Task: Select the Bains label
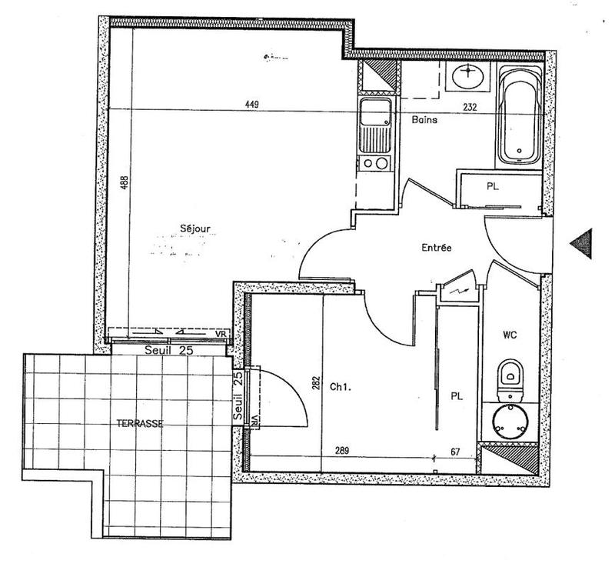tap(425, 119)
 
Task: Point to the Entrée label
tap(436, 248)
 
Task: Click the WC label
tap(509, 335)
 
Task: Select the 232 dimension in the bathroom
tap(470, 108)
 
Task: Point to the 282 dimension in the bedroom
tap(316, 382)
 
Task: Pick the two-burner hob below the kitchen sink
tap(375, 163)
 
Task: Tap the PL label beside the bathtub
tap(490, 185)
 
